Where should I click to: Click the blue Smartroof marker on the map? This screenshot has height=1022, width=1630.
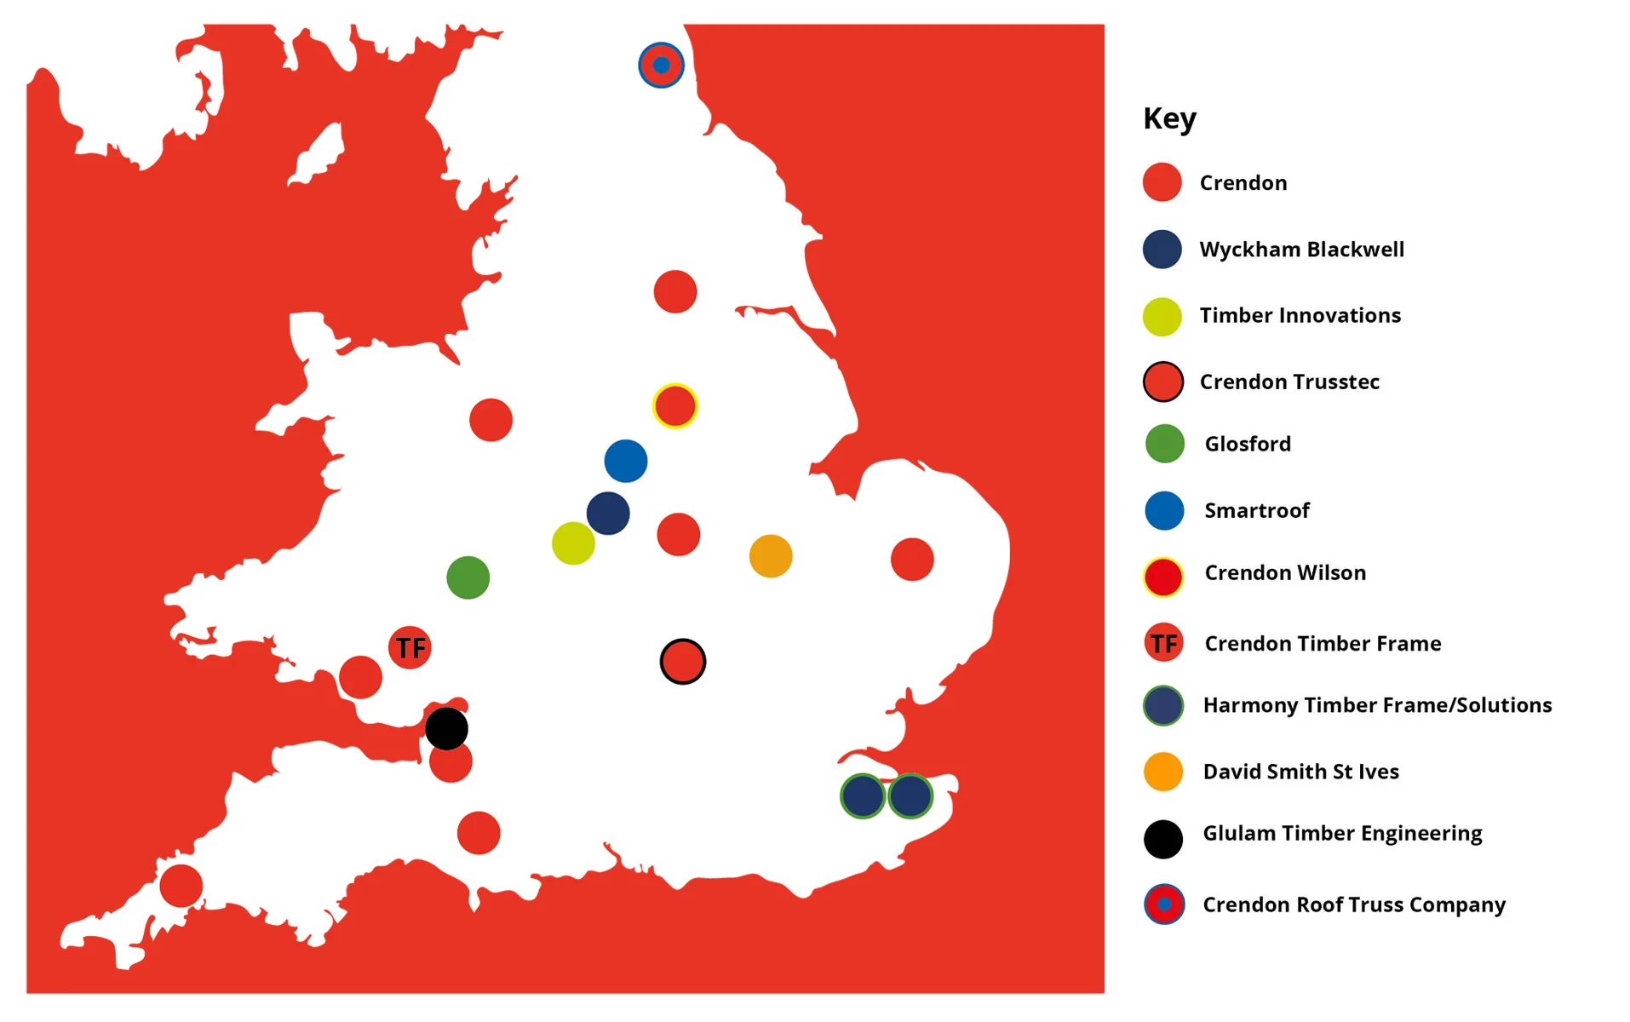[625, 461]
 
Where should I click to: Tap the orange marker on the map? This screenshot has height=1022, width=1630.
[770, 556]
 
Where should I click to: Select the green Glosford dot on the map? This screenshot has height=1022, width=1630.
[468, 577]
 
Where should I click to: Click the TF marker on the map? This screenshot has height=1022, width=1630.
[410, 647]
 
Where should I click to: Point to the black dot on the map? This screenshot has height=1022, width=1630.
[446, 728]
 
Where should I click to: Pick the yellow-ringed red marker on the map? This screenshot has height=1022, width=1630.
[674, 405]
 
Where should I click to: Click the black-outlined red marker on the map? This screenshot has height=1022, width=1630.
[682, 661]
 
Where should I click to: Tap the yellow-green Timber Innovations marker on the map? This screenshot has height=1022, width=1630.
[572, 543]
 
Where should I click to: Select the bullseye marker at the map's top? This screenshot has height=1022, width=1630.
[661, 65]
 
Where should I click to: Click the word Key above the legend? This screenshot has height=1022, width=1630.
[1169, 118]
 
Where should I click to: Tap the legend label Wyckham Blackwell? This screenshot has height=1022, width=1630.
[1301, 250]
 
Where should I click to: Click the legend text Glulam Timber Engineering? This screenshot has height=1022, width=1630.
[1342, 833]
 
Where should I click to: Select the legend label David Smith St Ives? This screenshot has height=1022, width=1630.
[1300, 772]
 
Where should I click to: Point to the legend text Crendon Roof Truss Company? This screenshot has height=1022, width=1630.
[1353, 904]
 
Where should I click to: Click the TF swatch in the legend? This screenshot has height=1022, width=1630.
[1163, 643]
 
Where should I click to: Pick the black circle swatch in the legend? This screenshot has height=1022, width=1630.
[1162, 839]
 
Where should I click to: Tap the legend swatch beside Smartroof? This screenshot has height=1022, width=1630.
[1163, 510]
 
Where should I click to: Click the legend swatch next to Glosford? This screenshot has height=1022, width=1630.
[1163, 444]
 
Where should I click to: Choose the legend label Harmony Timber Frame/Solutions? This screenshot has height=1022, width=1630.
[1377, 705]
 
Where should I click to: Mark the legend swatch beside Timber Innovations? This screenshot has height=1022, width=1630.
[1162, 317]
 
